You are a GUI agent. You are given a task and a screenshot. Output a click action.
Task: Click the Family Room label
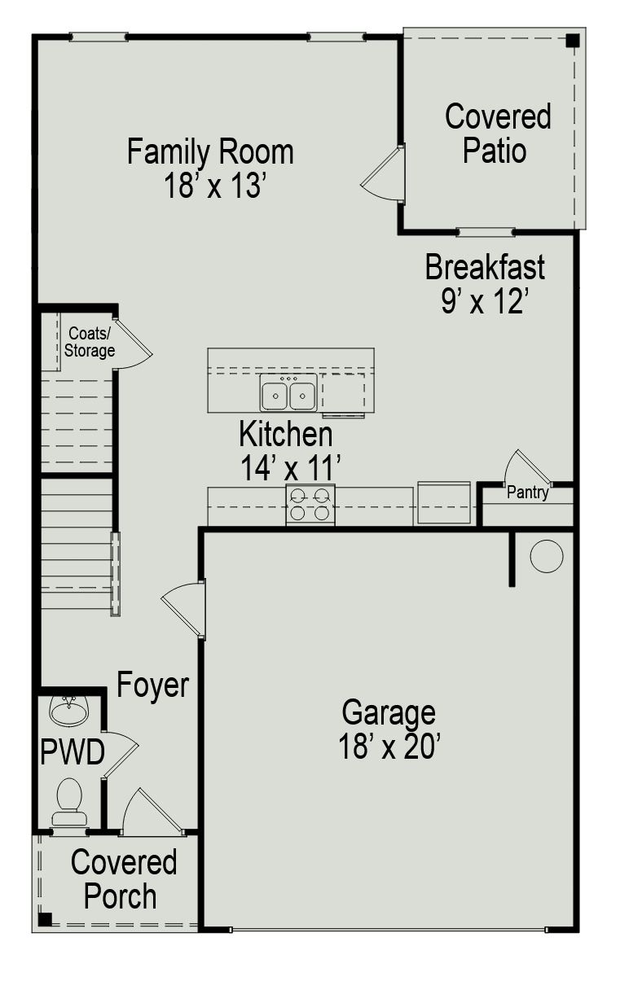(210, 169)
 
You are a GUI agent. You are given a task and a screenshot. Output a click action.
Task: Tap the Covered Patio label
(497, 133)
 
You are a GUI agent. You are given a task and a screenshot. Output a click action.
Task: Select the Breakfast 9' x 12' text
(485, 283)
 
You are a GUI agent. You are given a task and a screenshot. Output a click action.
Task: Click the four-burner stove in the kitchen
(310, 504)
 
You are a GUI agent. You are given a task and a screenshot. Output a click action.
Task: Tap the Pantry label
(527, 493)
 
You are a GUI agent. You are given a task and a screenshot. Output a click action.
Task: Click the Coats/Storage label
(91, 342)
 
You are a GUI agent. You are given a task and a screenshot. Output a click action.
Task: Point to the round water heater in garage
(546, 556)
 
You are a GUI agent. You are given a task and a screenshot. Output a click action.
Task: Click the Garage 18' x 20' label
(389, 729)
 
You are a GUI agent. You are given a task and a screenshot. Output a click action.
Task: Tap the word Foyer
(152, 685)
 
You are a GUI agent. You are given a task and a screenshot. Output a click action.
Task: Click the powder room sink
(69, 711)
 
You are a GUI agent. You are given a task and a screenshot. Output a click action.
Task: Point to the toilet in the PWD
(69, 801)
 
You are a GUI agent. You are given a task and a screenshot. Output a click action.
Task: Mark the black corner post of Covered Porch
(46, 918)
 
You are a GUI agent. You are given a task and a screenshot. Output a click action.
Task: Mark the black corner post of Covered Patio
(573, 40)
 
